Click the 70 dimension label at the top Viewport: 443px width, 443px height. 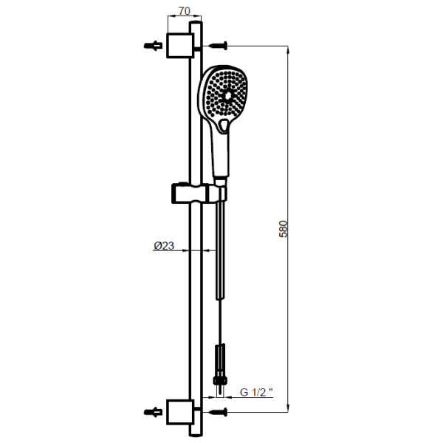[185, 11]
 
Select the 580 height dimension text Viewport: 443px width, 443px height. [283, 229]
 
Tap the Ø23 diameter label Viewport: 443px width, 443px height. [164, 246]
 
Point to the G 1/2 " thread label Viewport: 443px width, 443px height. [256, 392]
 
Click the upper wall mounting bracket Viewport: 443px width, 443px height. [180, 46]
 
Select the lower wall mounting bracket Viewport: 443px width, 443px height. [180, 412]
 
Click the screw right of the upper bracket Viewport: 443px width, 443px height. [218, 46]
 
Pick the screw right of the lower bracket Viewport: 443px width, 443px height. [218, 412]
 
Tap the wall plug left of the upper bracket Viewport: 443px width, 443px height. [153, 46]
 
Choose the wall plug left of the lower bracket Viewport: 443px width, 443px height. [153, 412]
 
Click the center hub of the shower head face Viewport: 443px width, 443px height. [227, 97]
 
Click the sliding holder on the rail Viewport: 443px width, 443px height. [199, 193]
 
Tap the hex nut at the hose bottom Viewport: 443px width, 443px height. [220, 380]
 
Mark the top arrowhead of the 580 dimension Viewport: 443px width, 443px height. [288, 49]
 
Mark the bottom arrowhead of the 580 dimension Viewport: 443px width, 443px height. [288, 408]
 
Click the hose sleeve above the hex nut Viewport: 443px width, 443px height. [220, 360]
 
